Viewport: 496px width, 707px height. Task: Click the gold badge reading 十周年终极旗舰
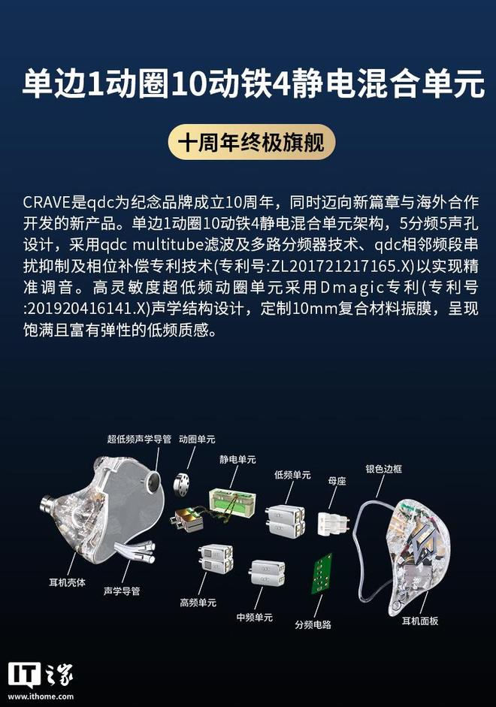252,142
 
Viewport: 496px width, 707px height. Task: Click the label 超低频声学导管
139,440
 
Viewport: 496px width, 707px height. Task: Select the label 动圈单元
197,440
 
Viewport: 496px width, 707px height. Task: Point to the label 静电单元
237,460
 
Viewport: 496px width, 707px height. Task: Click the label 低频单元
292,475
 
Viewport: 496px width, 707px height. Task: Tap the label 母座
337,481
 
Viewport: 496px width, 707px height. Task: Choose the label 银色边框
384,469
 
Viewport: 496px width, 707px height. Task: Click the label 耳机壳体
67,582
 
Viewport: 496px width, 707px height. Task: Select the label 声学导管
122,591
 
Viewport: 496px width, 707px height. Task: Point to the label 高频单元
198,603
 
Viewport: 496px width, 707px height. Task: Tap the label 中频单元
255,618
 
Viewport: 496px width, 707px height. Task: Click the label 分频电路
313,624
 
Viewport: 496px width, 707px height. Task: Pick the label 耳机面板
420,621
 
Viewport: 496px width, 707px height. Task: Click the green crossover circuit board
321,574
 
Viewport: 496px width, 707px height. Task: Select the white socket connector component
333,523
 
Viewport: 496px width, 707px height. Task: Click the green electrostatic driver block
232,501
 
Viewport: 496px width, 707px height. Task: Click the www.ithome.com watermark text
41,696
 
